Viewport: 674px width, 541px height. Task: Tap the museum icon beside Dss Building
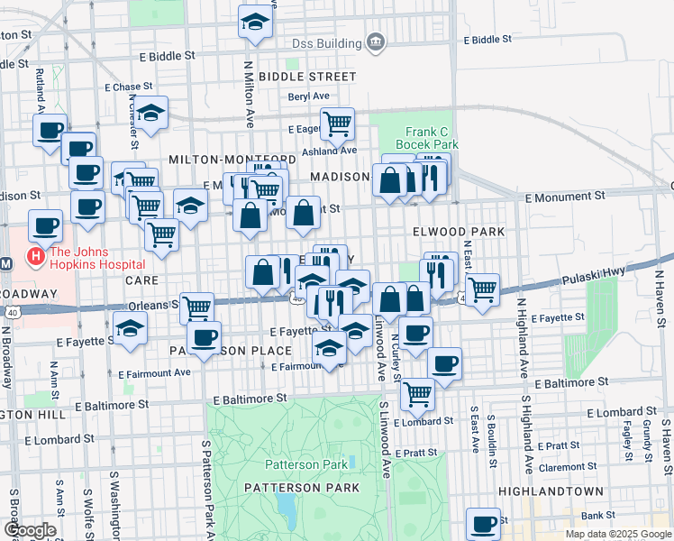[375, 42]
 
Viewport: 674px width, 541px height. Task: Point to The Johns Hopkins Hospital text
[97, 258]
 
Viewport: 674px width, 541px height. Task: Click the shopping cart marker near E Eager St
[337, 124]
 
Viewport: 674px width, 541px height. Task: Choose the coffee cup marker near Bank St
[483, 524]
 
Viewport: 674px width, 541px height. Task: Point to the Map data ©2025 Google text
[617, 534]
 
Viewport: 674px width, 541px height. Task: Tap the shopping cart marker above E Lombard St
[417, 392]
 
